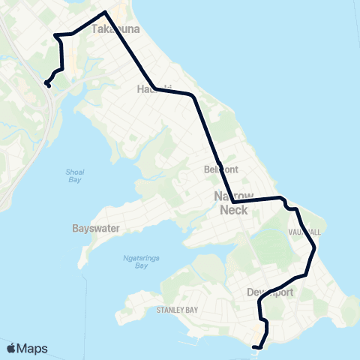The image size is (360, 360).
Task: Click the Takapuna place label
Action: coord(112,30)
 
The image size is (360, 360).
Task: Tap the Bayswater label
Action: coord(95,228)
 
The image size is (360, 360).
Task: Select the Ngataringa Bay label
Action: coord(136,262)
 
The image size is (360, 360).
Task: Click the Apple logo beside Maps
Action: coord(12,348)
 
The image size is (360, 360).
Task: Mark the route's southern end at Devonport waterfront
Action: coord(256,347)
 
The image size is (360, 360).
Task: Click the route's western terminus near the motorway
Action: coord(48,85)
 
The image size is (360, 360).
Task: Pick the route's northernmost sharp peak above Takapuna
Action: coord(105,12)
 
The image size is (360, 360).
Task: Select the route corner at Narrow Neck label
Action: coord(233,202)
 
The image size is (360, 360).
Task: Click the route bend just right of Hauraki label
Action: coord(193,96)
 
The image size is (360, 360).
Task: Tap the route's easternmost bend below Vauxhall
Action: coord(315,247)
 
